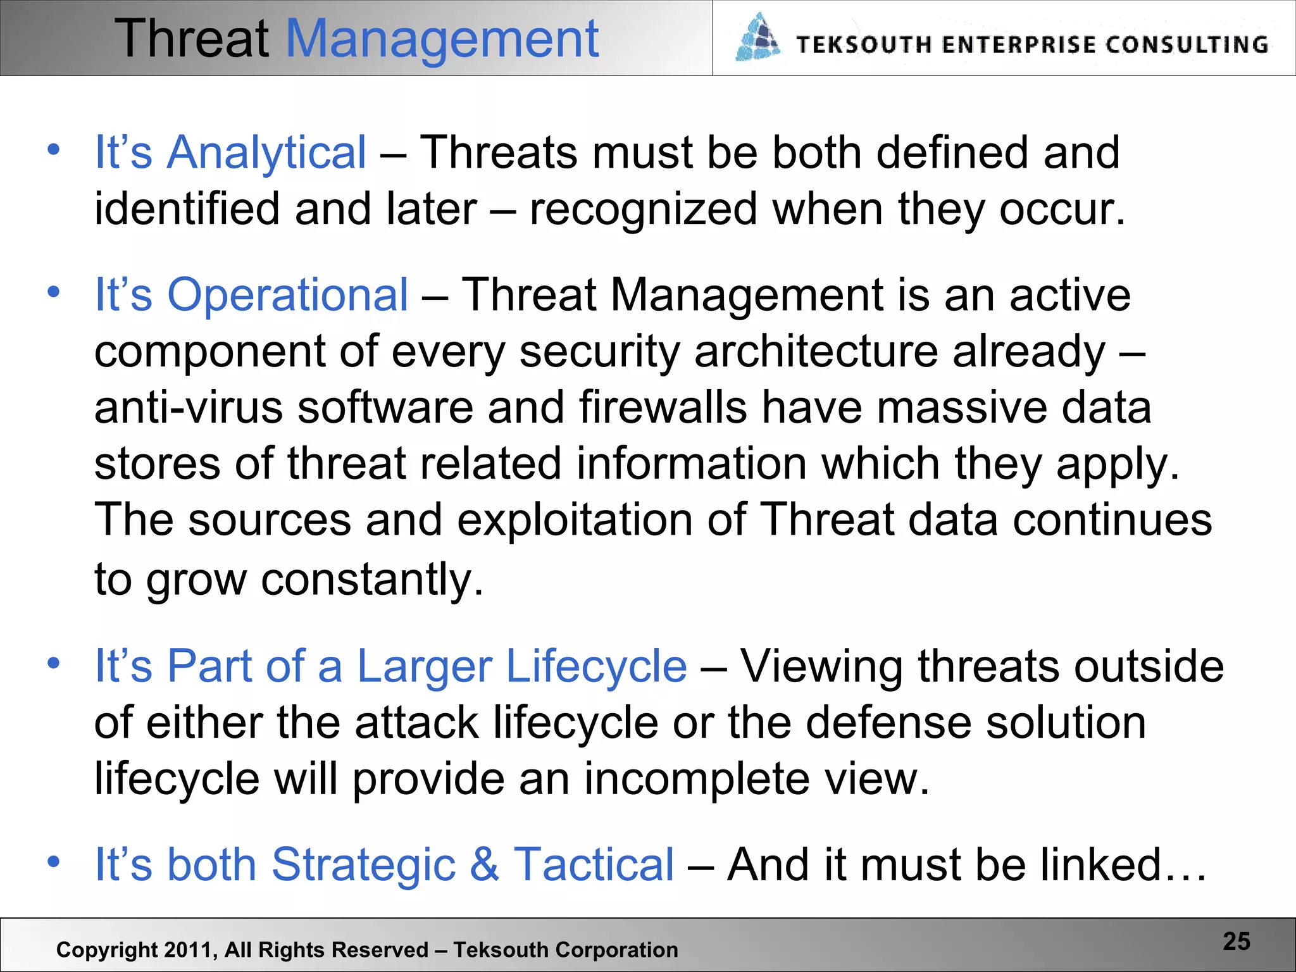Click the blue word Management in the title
442,39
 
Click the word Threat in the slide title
192,39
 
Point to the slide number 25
1237,942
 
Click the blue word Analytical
266,153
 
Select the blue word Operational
287,295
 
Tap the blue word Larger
425,666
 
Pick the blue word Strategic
363,864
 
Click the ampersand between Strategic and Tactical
484,864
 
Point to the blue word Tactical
594,864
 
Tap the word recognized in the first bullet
643,209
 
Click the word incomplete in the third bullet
695,778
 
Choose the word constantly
372,579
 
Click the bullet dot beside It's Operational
53,292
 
